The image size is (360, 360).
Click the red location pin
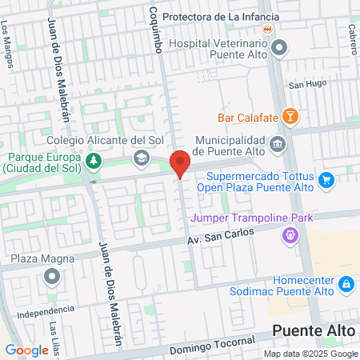[181, 163]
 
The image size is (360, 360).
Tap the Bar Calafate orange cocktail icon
[292, 118]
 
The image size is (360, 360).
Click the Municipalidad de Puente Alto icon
[278, 144]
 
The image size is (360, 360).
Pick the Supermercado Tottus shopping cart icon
[326, 181]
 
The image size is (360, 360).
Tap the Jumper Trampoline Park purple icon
[289, 235]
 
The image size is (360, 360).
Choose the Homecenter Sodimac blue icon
[346, 283]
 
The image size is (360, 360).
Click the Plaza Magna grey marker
[53, 277]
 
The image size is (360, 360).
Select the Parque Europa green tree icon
[94, 162]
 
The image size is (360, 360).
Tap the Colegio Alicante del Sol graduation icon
[142, 159]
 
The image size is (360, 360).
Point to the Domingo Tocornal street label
[212, 345]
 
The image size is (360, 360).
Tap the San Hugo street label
[304, 84]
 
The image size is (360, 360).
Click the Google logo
[26, 350]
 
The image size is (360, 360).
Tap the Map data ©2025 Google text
[311, 354]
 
